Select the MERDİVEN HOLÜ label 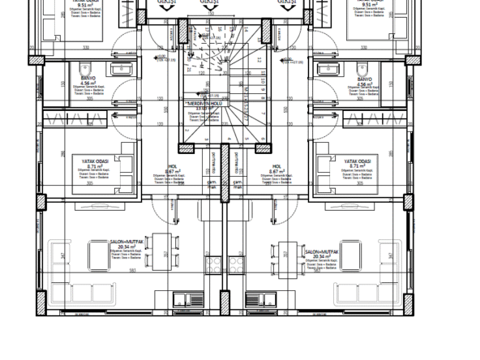pos(206,105)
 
